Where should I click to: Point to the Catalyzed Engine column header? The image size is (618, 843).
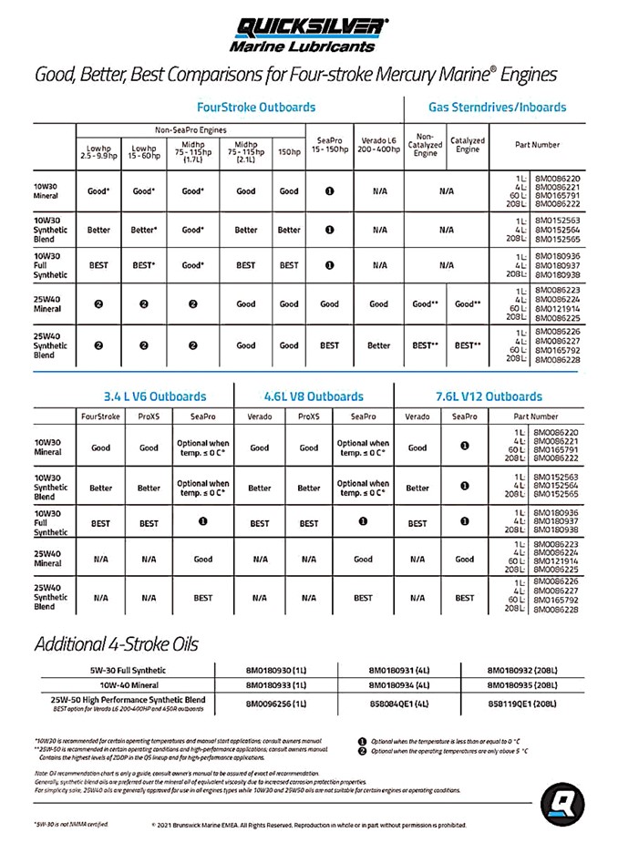(468, 145)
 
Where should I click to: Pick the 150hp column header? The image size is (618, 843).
(289, 150)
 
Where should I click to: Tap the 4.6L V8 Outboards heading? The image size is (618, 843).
(313, 396)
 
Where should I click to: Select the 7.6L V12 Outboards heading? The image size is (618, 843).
(489, 396)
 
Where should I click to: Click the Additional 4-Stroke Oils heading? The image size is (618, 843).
(116, 644)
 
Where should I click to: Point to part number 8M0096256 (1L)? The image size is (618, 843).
(275, 704)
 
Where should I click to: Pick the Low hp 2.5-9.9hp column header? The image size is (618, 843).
(98, 150)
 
